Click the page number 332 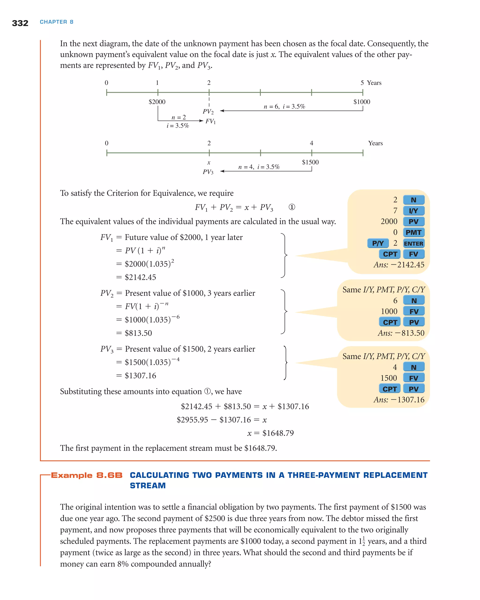pyautogui.click(x=20, y=23)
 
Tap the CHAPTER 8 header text pyautogui.click(x=56, y=22)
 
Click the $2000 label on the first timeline pyautogui.click(x=157, y=102)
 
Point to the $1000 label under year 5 pyautogui.click(x=362, y=102)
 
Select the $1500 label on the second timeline pyautogui.click(x=310, y=162)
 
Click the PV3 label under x pyautogui.click(x=208, y=172)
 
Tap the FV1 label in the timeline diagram pyautogui.click(x=211, y=121)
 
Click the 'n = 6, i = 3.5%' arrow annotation pyautogui.click(x=284, y=107)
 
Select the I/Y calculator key pyautogui.click(x=413, y=211)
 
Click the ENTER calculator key pyautogui.click(x=413, y=244)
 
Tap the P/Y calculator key pyautogui.click(x=378, y=244)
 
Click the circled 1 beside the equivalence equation pyautogui.click(x=292, y=207)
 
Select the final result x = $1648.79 pyautogui.click(x=270, y=433)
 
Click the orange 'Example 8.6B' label pyautogui.click(x=87, y=475)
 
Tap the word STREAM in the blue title pyautogui.click(x=148, y=486)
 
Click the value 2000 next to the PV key pyautogui.click(x=389, y=221)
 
